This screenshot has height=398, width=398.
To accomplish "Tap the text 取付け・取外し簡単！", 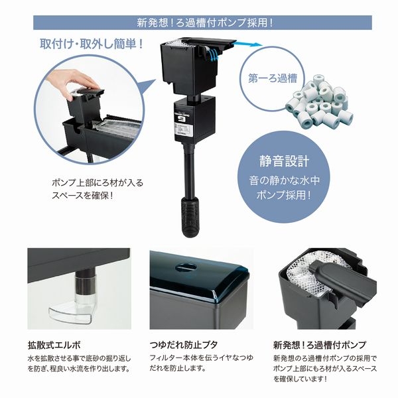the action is pos(92,44).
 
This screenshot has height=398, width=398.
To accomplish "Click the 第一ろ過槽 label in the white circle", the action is pos(273,78).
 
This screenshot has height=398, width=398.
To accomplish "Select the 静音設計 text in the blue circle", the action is pos(285,161).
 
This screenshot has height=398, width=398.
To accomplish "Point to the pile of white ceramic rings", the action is pos(319,101).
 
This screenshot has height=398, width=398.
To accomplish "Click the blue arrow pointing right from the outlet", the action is pos(247,44).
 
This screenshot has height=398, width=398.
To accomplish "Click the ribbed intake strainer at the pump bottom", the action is pos(190,218).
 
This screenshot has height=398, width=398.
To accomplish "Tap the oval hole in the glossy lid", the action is pos(186,267).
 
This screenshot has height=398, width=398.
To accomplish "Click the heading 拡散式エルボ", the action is pos(54,345).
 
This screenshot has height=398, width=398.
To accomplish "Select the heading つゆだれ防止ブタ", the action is pos(184,345).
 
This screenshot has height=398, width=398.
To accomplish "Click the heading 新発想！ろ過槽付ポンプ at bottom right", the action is pos(320,345).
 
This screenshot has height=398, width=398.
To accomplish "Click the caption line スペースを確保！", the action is pos(83,196).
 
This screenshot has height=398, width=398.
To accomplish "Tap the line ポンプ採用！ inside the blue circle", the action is pos(284,195).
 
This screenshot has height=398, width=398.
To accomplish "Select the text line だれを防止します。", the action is pos(177,368).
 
